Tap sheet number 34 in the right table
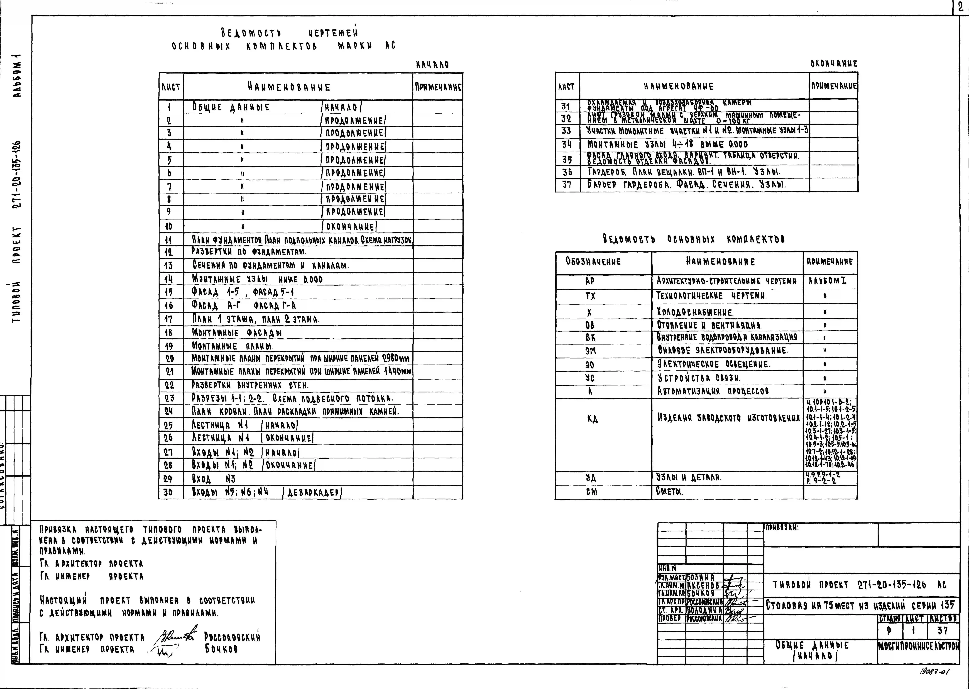pos(567,144)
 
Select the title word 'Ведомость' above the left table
pos(251,33)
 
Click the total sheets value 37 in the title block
pos(943,631)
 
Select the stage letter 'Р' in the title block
pos(890,631)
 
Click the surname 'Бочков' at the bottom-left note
pos(221,649)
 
